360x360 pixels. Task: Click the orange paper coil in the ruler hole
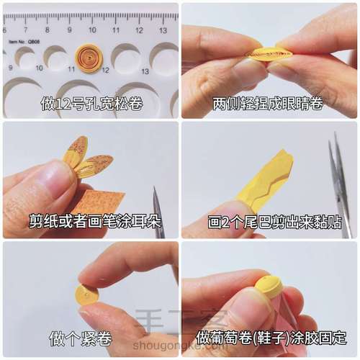pyautogui.click(x=89, y=58)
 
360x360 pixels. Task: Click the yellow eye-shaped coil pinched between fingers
pyautogui.click(x=269, y=55)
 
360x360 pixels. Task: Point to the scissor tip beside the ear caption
pyautogui.click(x=158, y=216)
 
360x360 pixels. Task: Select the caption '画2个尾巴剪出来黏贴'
pyautogui.click(x=269, y=222)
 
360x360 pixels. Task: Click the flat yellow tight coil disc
pyautogui.click(x=87, y=294)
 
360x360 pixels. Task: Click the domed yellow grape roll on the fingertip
pyautogui.click(x=269, y=287)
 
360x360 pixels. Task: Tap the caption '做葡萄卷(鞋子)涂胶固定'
pyautogui.click(x=269, y=337)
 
